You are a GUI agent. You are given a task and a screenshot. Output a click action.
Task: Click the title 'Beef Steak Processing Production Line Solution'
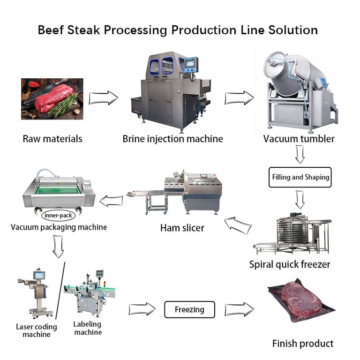pyautogui.click(x=178, y=30)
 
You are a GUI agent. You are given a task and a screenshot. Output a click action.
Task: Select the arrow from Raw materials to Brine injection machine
pyautogui.click(x=103, y=98)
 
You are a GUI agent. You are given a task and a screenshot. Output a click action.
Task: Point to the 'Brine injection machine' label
pyautogui.click(x=172, y=139)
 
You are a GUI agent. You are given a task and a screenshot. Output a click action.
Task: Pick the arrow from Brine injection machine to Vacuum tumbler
pyautogui.click(x=239, y=98)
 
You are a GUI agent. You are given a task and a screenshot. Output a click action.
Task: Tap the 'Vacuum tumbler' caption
pyautogui.click(x=299, y=139)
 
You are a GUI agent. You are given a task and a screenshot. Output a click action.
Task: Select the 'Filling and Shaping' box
pyautogui.click(x=300, y=177)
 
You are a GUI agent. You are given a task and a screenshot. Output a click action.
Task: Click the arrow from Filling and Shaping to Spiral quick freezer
pyautogui.click(x=300, y=199)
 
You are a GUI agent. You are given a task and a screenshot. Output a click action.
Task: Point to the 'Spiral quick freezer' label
pyautogui.click(x=290, y=264)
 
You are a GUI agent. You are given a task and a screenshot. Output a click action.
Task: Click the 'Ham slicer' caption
pyautogui.click(x=182, y=228)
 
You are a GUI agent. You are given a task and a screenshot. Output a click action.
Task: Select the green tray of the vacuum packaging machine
pyautogui.click(x=58, y=190)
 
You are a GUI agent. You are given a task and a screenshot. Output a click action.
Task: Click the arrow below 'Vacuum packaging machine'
pyautogui.click(x=58, y=247)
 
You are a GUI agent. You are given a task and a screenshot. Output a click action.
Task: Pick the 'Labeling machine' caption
pyautogui.click(x=88, y=328)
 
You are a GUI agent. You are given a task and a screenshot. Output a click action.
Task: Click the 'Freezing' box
pyautogui.click(x=189, y=309)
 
